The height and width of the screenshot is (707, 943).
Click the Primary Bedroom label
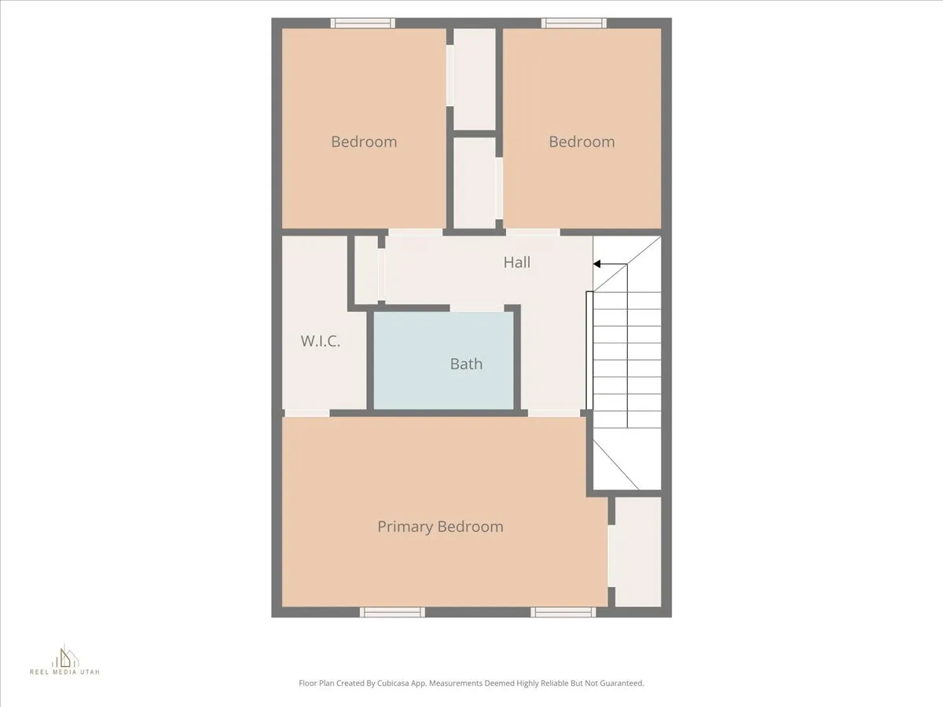pyautogui.click(x=440, y=526)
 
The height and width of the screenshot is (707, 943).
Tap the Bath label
pyautogui.click(x=466, y=364)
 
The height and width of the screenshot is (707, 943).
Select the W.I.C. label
pyautogui.click(x=320, y=341)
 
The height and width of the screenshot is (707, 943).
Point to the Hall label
pyautogui.click(x=517, y=262)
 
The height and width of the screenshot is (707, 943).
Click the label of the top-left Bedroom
pyautogui.click(x=364, y=141)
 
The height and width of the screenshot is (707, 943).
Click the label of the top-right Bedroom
pyautogui.click(x=582, y=141)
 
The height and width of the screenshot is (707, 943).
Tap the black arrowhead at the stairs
pyautogui.click(x=598, y=264)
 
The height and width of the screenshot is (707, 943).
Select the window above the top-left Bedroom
pyautogui.click(x=362, y=23)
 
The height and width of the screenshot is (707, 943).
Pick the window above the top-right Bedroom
pyautogui.click(x=574, y=23)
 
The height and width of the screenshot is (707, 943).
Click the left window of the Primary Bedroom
pyautogui.click(x=393, y=612)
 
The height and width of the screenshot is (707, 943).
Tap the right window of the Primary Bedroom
pyautogui.click(x=563, y=612)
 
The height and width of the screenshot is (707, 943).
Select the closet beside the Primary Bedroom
pyautogui.click(x=637, y=551)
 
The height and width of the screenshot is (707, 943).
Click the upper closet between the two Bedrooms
pyautogui.click(x=475, y=79)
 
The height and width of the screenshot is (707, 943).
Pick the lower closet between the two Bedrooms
pyautogui.click(x=475, y=183)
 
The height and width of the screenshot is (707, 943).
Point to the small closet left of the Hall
pyautogui.click(x=366, y=269)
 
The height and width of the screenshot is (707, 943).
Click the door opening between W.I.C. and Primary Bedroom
pyautogui.click(x=306, y=413)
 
